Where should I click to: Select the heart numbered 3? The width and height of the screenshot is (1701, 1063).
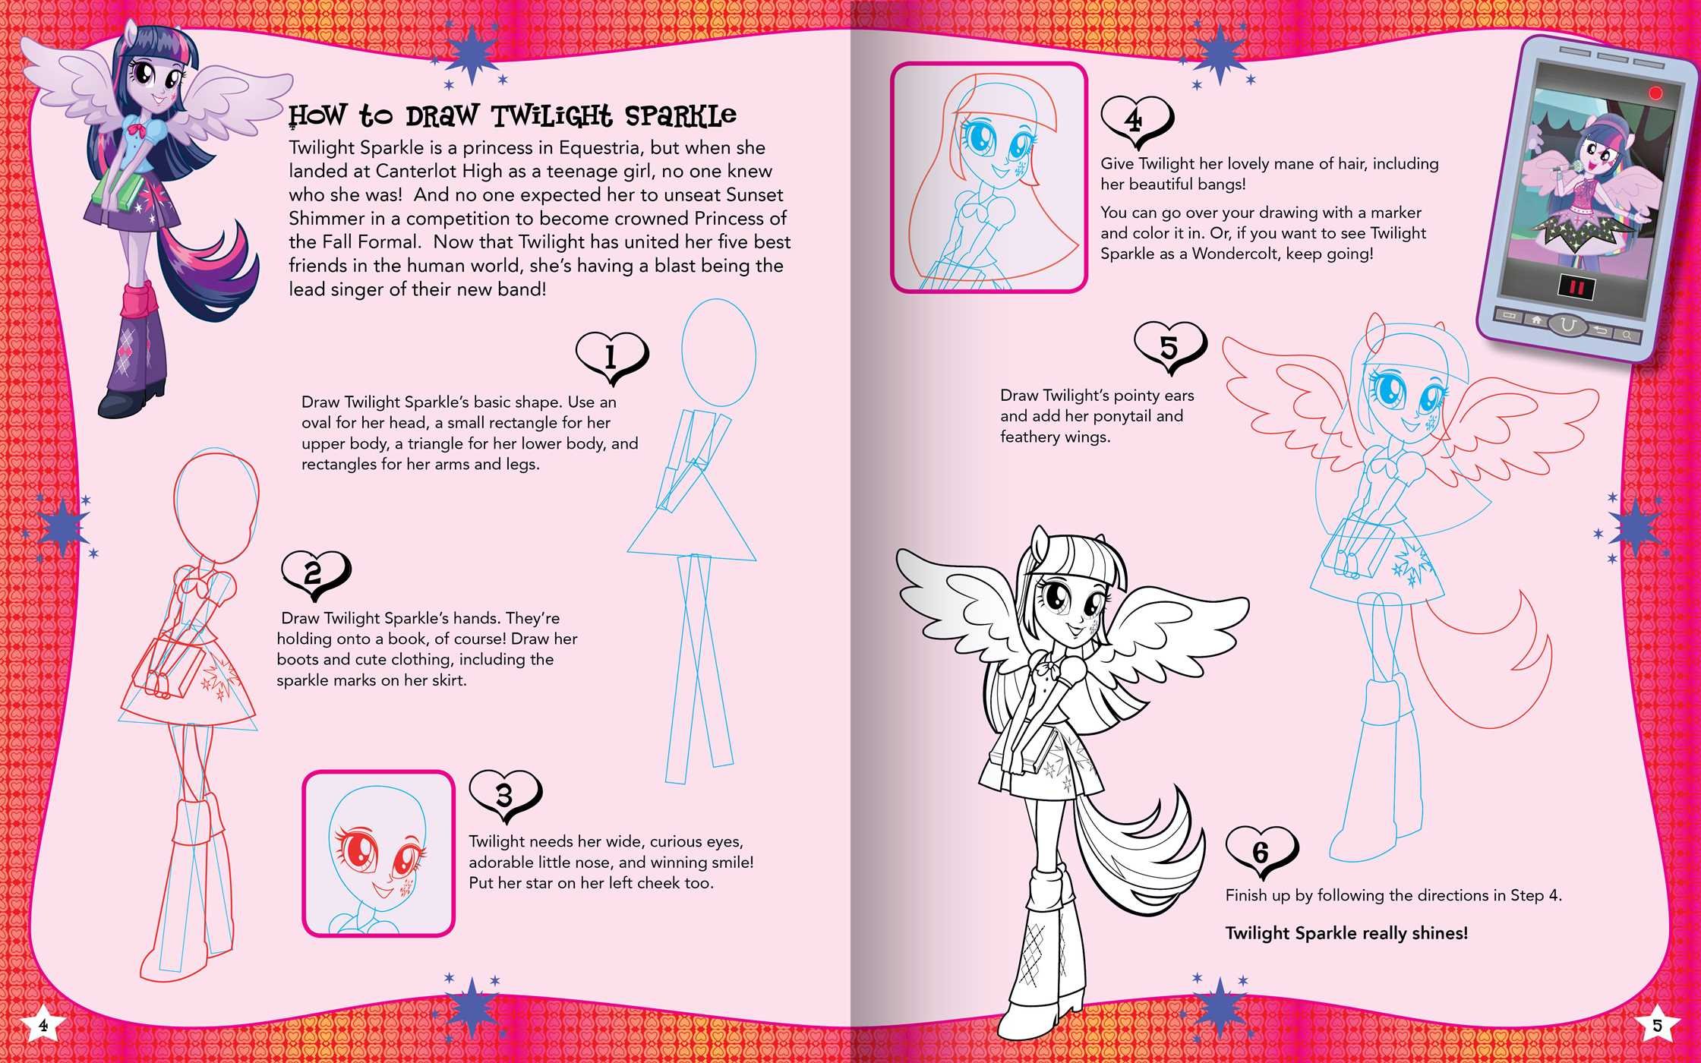click(505, 795)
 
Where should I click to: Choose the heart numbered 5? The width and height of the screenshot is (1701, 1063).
click(1169, 347)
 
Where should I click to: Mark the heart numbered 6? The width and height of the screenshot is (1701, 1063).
click(1261, 851)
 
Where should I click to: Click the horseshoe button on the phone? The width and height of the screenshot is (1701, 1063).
click(1567, 325)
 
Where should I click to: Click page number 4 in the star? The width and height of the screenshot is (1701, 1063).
click(43, 1025)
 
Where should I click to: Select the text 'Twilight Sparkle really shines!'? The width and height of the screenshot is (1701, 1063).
click(1346, 933)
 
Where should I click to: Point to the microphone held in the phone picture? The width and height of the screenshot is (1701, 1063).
click(1553, 187)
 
